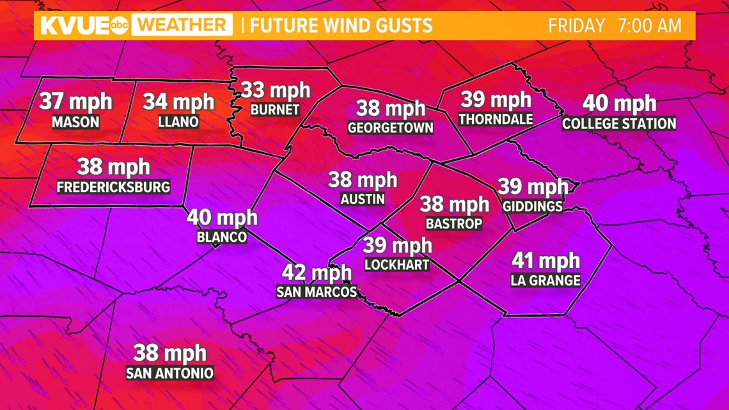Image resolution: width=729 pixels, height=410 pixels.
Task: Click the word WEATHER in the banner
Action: coord(184,26)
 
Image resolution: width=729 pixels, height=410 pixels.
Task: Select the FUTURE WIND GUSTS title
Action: coord(341,26)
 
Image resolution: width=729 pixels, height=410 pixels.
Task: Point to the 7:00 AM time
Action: coord(649,26)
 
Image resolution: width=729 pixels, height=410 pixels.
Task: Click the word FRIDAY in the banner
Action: coord(576,26)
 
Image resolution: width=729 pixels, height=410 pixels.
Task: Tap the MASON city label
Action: coord(75,122)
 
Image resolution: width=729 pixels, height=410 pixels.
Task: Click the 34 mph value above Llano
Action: coord(178,101)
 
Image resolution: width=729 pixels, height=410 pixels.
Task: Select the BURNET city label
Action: coord(275,110)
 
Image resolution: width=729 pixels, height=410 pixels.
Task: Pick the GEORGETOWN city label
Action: coord(391,128)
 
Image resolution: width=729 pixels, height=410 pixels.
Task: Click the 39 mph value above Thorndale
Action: coord(496,99)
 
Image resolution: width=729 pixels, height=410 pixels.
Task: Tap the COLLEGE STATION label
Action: coord(619,123)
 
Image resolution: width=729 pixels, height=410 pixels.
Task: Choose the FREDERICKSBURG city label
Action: coord(114,187)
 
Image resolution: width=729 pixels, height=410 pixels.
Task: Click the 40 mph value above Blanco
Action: coord(222,217)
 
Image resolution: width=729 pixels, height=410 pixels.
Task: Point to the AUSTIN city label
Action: coord(363,199)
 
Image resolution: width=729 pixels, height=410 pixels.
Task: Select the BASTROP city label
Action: coord(454,223)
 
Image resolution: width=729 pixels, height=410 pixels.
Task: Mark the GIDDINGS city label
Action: coord(533,206)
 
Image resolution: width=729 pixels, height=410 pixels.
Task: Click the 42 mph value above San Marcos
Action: coord(317,272)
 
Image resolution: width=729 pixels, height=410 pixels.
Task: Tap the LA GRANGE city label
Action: coord(545,280)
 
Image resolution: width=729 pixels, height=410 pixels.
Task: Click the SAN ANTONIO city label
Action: coord(169,373)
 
